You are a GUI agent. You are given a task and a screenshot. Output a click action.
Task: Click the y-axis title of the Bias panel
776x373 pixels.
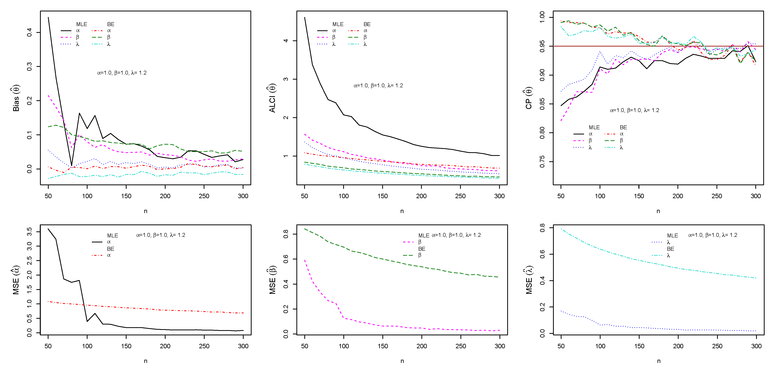(16, 98)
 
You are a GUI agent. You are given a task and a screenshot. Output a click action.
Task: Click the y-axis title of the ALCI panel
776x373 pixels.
(272, 98)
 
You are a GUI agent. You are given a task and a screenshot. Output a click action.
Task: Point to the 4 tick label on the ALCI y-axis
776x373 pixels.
(286, 41)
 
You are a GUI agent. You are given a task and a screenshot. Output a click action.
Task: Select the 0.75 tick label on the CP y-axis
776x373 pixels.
(542, 162)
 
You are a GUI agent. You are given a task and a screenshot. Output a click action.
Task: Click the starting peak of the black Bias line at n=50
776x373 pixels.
(48, 17)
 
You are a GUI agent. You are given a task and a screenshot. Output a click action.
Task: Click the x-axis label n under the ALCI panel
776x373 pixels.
(402, 211)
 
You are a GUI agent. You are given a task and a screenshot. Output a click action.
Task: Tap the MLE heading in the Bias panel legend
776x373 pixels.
(81, 24)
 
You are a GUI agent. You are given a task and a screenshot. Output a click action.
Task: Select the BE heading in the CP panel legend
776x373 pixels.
(623, 127)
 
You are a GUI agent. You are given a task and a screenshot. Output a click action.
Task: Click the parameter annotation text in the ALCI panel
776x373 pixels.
(378, 86)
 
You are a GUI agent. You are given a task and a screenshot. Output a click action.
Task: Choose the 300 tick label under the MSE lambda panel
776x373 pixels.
(756, 346)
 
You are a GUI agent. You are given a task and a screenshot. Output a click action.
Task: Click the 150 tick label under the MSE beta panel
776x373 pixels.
(383, 346)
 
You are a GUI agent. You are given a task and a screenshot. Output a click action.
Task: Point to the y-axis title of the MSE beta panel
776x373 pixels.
(272, 280)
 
